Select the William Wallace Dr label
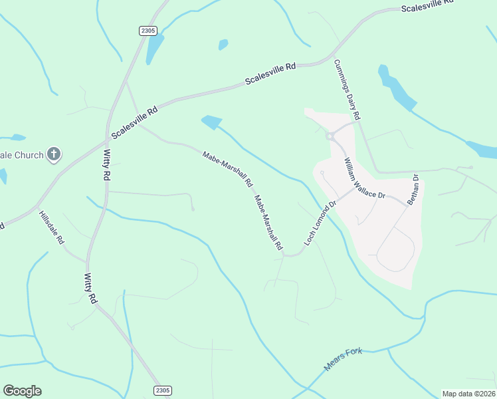coord(364,178)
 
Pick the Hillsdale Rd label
coord(51,227)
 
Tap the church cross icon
coord(54,156)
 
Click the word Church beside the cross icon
coord(27,156)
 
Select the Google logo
coord(22,391)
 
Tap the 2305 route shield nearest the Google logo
coord(162,390)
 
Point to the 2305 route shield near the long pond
coord(148,30)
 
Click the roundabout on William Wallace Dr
coord(330,136)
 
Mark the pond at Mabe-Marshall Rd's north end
coord(211,122)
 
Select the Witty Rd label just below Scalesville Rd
coord(106,165)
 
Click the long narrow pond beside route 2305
coord(155,48)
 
